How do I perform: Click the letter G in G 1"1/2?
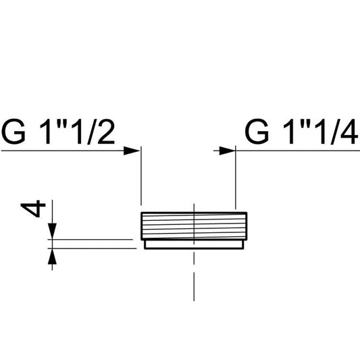(14, 132)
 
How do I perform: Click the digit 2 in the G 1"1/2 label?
(106, 132)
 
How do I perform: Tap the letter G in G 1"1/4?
(257, 132)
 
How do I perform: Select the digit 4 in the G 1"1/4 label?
(349, 132)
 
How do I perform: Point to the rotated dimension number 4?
(33, 209)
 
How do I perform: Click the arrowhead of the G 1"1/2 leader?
(132, 151)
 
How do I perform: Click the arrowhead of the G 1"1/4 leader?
(228, 151)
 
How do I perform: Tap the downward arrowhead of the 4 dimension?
(53, 231)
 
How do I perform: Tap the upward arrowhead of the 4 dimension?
(53, 257)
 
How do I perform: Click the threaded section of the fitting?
(194, 226)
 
